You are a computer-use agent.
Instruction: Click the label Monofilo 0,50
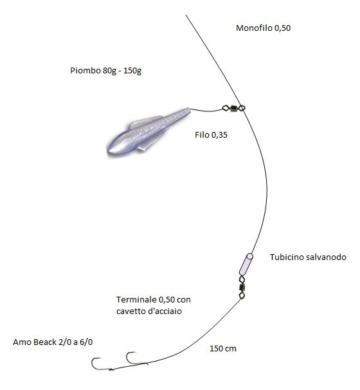263,28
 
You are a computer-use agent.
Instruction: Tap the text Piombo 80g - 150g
106,71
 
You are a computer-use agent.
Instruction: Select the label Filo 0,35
212,135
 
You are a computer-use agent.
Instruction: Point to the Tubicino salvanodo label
308,257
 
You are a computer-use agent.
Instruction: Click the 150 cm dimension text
223,348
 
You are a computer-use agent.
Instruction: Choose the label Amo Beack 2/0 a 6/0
53,342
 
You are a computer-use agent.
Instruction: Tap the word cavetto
131,311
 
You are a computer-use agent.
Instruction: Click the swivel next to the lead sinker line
233,108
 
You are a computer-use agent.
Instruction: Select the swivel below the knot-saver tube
242,287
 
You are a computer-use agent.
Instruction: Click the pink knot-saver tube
246,264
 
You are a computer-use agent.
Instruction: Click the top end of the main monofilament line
186,15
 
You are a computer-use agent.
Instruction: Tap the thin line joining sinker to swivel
206,111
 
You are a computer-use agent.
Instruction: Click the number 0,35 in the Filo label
219,135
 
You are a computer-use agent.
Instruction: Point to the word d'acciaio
165,311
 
